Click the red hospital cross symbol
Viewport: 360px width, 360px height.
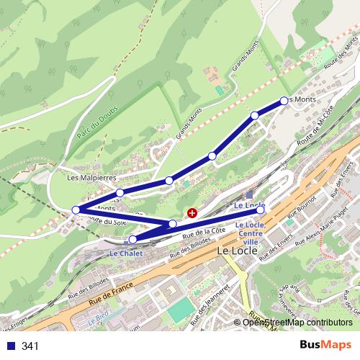coord(192,213)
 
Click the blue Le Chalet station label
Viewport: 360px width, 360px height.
coord(126,253)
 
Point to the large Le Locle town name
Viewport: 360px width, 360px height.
coord(236,252)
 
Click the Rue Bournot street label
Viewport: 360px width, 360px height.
coord(302,207)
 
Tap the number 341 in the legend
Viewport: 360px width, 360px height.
coord(30,346)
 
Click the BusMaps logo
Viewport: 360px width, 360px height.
coord(325,345)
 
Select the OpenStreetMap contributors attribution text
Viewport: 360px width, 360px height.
coord(297,322)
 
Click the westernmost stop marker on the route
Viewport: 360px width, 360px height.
coord(76,210)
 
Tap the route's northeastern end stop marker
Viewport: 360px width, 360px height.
coord(284,101)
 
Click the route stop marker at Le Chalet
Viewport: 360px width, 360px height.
coord(133,238)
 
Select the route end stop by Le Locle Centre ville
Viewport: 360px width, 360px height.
coord(261,210)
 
